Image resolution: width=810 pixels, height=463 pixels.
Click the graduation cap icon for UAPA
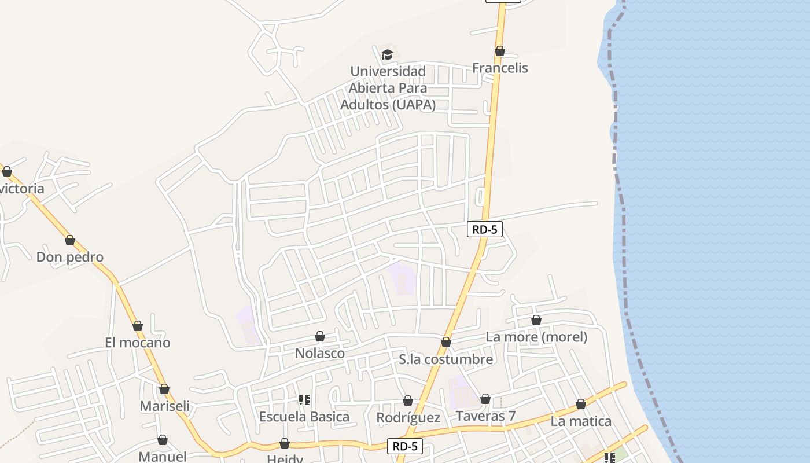387,54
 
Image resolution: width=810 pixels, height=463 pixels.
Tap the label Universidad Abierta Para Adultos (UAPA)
388,88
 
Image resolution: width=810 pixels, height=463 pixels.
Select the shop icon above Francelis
500,51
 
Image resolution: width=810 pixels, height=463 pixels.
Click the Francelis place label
500,68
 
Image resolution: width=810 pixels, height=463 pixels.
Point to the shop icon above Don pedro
70,240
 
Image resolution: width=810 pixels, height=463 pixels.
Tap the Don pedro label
70,257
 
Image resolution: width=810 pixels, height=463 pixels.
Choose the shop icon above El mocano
138,326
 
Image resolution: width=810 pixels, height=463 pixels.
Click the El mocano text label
138,343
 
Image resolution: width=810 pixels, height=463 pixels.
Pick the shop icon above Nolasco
320,336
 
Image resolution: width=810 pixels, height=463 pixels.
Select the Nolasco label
320,353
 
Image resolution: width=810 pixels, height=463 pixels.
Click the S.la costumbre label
446,359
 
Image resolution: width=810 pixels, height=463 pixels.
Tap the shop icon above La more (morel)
536,320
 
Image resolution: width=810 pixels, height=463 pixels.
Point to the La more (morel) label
536,337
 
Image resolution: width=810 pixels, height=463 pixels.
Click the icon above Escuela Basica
304,400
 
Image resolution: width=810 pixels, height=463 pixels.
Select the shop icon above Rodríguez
408,400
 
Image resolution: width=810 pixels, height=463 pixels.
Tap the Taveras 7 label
485,416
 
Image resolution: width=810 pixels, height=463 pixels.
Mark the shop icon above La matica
581,404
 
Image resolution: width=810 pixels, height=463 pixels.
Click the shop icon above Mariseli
164,389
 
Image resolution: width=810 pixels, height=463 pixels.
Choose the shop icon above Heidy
285,443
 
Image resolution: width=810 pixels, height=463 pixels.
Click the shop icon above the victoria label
7,171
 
